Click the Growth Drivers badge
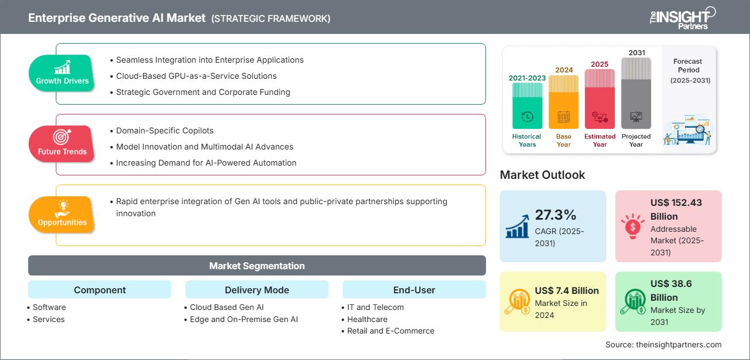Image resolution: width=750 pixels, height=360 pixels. [62, 74]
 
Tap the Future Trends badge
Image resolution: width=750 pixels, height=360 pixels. [61, 144]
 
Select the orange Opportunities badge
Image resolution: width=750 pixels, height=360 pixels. [62, 215]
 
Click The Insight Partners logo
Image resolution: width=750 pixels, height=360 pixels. [682, 17]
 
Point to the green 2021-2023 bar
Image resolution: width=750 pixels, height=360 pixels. [527, 105]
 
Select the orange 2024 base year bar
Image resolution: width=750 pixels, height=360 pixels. [563, 101]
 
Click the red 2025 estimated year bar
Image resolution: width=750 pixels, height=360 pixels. [600, 98]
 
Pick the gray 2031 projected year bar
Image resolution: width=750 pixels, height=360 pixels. [636, 93]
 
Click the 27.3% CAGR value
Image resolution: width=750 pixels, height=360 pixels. [555, 215]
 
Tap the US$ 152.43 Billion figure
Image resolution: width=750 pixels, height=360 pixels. [676, 209]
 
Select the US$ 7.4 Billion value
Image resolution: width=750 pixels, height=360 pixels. [567, 290]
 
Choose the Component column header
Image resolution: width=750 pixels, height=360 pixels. [100, 290]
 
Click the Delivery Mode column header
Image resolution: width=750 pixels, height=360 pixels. [257, 290]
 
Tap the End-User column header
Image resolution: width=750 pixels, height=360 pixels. [414, 290]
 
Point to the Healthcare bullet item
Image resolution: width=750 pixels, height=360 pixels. [367, 319]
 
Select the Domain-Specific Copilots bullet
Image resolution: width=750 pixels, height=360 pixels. [164, 131]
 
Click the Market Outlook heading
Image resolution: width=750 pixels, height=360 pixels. [542, 175]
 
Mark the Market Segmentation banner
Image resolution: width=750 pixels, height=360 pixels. [257, 266]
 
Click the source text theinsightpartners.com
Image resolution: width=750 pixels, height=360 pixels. [663, 344]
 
